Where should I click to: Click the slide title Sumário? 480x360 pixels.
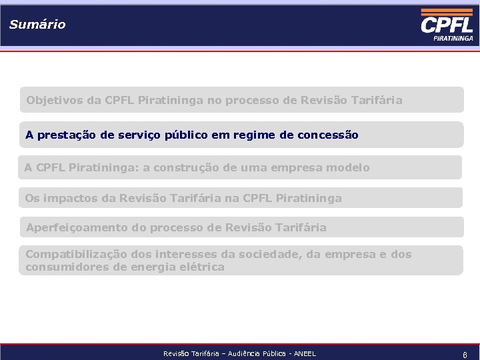(37, 25)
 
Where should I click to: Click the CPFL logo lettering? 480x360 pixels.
(447, 25)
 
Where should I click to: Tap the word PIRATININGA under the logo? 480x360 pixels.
(453, 39)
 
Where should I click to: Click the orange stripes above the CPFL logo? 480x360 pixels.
(447, 12)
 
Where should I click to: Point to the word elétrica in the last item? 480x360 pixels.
(203, 267)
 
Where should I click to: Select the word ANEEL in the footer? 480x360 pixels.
(304, 354)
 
